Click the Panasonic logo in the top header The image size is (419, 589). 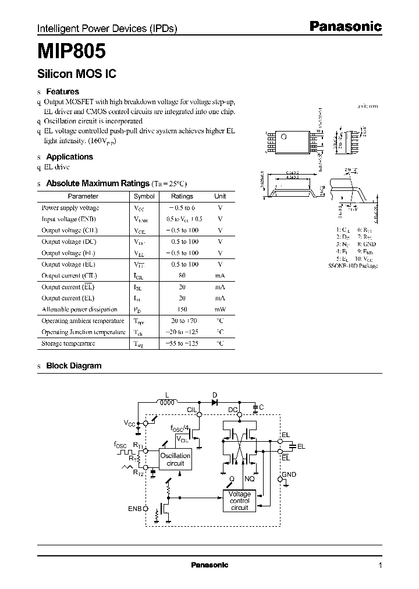[x=345, y=26]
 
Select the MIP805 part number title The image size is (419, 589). [x=72, y=52]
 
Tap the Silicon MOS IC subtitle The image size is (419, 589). [x=77, y=74]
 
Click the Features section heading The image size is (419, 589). [x=62, y=91]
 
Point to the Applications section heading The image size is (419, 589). [x=69, y=157]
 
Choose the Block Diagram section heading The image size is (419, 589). [x=73, y=366]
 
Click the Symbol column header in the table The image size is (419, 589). [x=144, y=197]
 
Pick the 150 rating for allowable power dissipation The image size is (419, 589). [x=182, y=309]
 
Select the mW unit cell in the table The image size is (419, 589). [x=220, y=309]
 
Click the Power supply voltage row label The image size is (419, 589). [x=70, y=208]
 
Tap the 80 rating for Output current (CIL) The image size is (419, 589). [x=182, y=275]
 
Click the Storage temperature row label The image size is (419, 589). [x=68, y=343]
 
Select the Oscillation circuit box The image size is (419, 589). [x=175, y=459]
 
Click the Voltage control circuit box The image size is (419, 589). [x=239, y=501]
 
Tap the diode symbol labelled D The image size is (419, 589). [x=214, y=401]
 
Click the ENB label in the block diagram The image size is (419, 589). [x=134, y=508]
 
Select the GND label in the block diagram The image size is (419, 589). [x=289, y=474]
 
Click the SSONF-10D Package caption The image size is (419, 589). [x=353, y=266]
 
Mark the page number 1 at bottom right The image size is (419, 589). [x=380, y=565]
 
